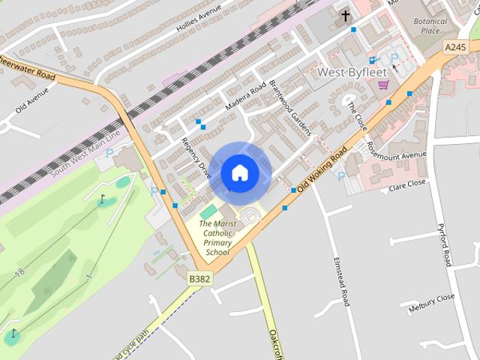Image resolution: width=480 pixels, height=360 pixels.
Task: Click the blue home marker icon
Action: point(239,173)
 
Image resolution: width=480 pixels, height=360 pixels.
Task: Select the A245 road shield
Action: point(454,46)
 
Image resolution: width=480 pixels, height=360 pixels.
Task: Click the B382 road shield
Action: point(199,278)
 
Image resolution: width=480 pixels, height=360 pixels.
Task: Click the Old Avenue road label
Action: point(31,100)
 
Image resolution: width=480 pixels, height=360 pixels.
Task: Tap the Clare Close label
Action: point(406,183)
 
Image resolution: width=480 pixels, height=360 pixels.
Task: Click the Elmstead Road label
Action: point(341,281)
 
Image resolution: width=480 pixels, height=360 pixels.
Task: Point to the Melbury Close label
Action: point(431,301)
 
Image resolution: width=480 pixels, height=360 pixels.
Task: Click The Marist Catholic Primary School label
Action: point(217,238)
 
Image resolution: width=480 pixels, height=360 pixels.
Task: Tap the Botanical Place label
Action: point(430,25)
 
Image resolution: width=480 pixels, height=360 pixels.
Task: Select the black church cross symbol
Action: point(346,16)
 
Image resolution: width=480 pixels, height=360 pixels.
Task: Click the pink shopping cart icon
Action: point(383,84)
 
